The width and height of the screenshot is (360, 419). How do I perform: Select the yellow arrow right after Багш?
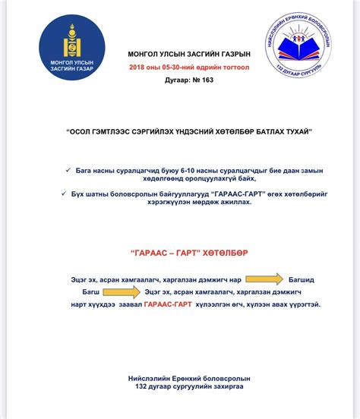coord(122,291)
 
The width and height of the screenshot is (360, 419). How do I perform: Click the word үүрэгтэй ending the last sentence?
coord(301,304)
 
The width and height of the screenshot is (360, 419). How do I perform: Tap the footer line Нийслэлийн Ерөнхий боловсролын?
coord(179,377)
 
